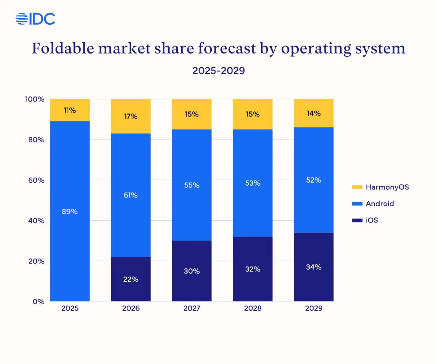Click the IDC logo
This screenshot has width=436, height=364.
click(35, 19)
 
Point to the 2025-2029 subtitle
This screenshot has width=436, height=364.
click(218, 71)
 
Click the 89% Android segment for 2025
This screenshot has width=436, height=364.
click(70, 211)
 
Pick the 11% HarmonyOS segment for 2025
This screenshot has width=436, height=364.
click(70, 110)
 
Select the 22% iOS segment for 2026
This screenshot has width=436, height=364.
click(131, 279)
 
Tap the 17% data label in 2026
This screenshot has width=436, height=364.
click(131, 116)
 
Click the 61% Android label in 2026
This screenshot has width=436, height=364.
click(131, 195)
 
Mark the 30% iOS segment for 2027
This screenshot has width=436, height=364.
click(192, 271)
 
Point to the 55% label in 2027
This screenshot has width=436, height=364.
click(192, 185)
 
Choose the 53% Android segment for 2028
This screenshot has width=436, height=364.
click(253, 183)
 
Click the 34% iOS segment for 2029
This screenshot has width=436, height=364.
click(314, 267)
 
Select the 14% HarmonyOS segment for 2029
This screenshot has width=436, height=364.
click(314, 113)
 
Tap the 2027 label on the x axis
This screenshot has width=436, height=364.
click(192, 309)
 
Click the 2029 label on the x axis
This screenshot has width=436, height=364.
click(314, 309)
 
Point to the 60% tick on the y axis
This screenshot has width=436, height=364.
click(36, 180)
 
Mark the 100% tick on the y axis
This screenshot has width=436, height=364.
click(35, 99)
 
